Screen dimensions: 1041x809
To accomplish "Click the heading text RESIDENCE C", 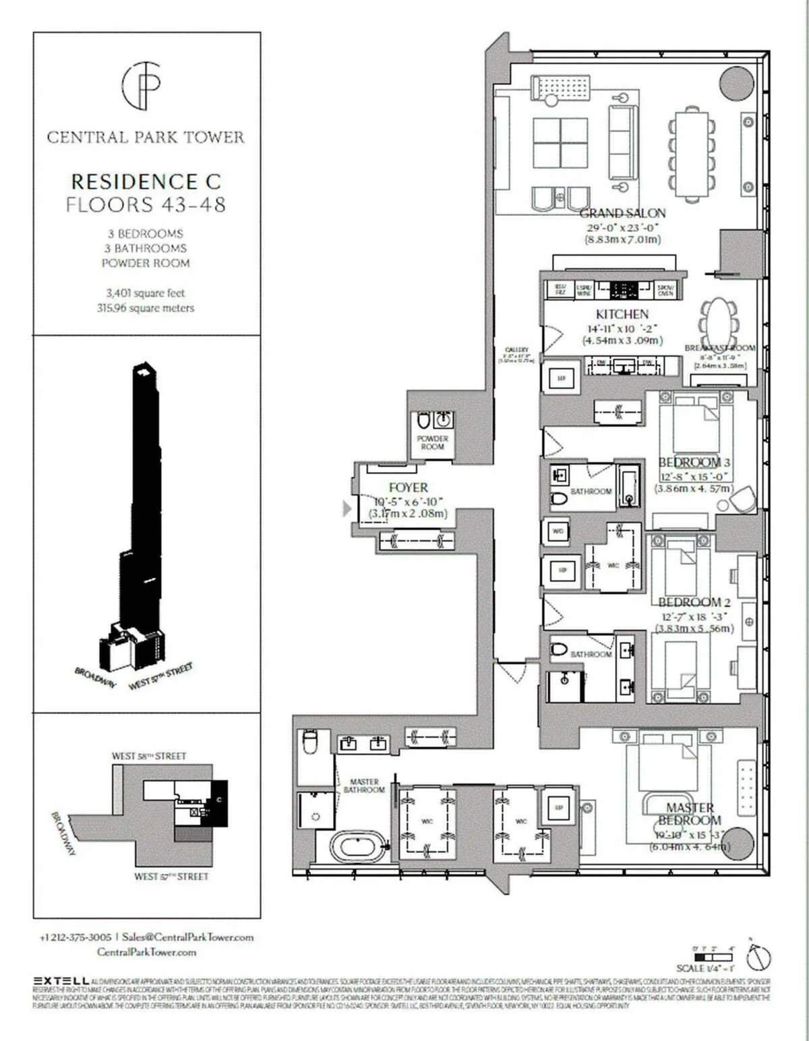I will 146,181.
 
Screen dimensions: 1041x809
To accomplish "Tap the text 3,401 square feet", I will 145,293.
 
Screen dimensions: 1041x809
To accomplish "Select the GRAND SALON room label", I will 622,213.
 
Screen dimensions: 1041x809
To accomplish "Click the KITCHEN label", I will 622,314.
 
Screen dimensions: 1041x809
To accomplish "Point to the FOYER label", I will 408,487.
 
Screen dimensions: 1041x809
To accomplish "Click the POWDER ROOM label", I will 432,442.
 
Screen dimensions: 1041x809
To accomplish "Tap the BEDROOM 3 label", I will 694,463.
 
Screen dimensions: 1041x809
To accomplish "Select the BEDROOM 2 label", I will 694,602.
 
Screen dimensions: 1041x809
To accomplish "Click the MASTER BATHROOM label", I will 364,785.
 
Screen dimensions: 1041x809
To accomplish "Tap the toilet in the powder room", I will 424,421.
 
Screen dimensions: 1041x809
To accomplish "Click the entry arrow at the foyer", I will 347,508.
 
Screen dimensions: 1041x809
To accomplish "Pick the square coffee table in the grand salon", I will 560,143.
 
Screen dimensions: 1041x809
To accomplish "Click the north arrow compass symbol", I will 758,956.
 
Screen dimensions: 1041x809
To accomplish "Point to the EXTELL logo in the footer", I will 61,980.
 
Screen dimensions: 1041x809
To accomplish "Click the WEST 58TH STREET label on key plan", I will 149,756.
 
